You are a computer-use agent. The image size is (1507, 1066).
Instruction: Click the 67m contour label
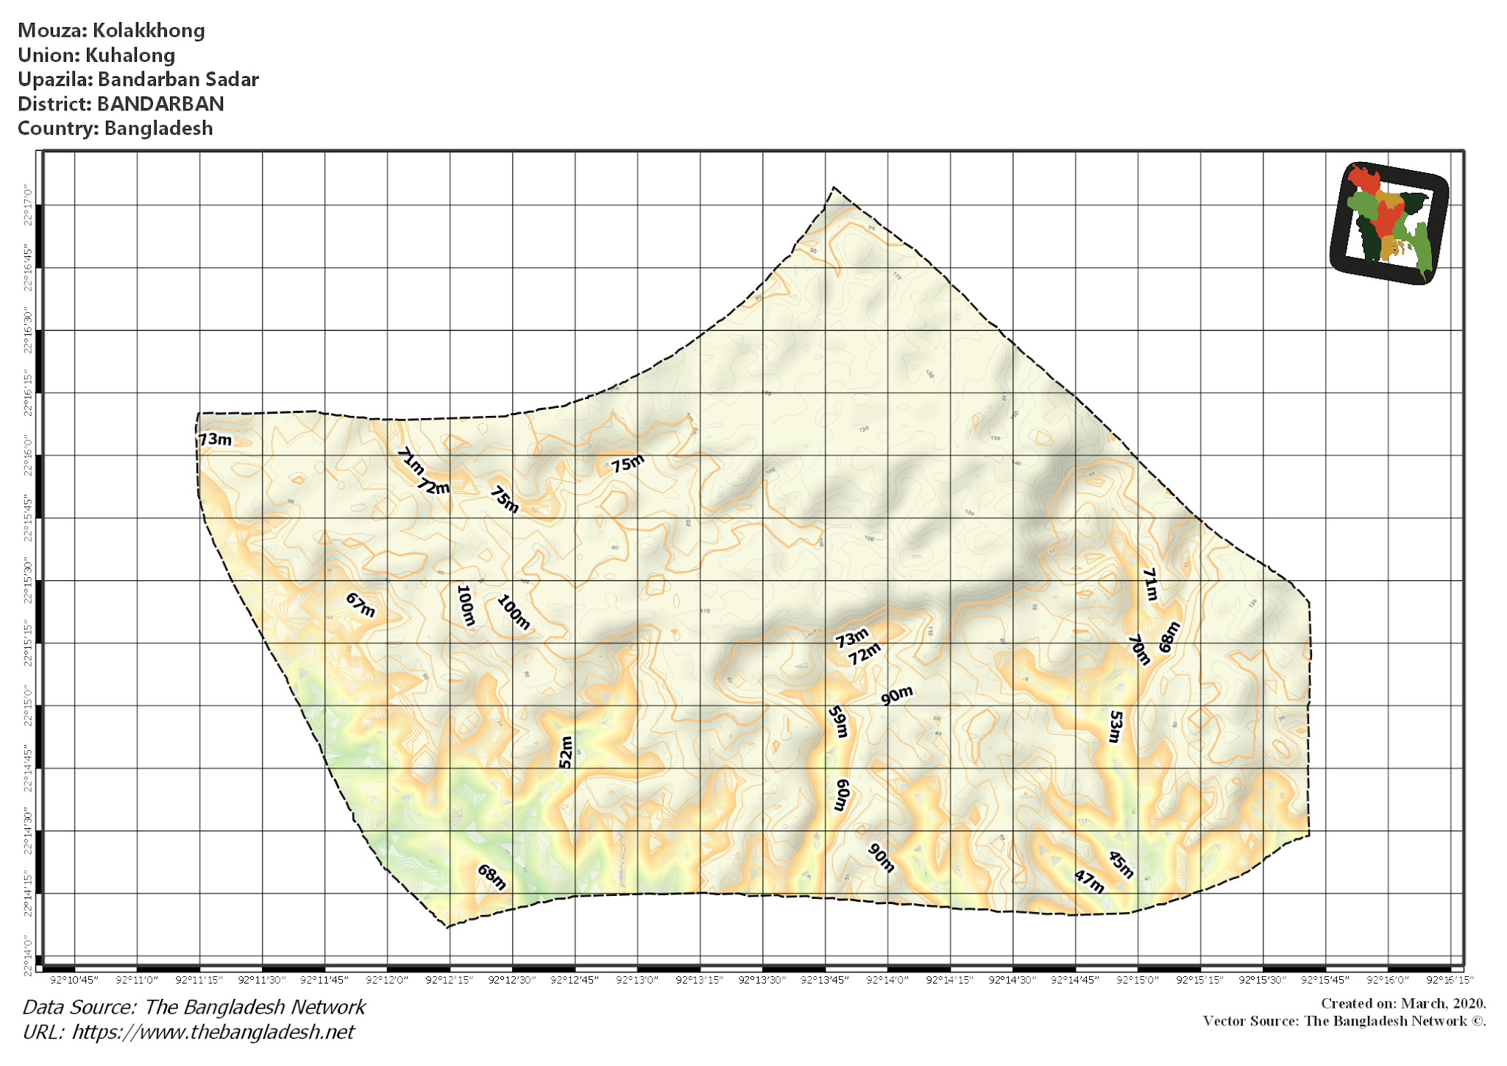point(361,604)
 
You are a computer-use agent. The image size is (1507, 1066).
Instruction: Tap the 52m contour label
point(565,752)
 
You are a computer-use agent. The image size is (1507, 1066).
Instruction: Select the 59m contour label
point(838,721)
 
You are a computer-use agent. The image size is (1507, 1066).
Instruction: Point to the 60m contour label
point(842,794)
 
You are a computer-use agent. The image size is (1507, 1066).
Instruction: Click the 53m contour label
point(1116,726)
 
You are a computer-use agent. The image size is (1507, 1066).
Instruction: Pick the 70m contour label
point(1139,649)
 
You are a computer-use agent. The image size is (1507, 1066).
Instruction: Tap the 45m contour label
point(1121,864)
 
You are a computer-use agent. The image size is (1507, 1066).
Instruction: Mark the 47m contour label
point(1089,880)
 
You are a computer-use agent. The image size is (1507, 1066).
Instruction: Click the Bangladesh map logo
point(1389,223)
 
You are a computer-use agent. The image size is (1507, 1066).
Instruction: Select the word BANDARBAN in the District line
point(160,104)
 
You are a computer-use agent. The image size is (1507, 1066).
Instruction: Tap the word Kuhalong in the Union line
point(130,55)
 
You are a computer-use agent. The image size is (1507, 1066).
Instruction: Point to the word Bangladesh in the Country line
point(158,128)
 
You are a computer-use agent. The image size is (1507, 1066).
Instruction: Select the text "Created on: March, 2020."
point(1403,1003)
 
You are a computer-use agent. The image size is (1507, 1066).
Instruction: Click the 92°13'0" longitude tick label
point(637,980)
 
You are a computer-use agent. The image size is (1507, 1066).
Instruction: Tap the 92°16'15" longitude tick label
point(1450,980)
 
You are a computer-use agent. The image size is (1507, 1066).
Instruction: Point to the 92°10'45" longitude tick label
point(74,980)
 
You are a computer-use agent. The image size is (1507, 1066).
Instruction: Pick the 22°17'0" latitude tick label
point(28,206)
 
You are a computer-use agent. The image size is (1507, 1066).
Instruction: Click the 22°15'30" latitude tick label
point(28,582)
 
